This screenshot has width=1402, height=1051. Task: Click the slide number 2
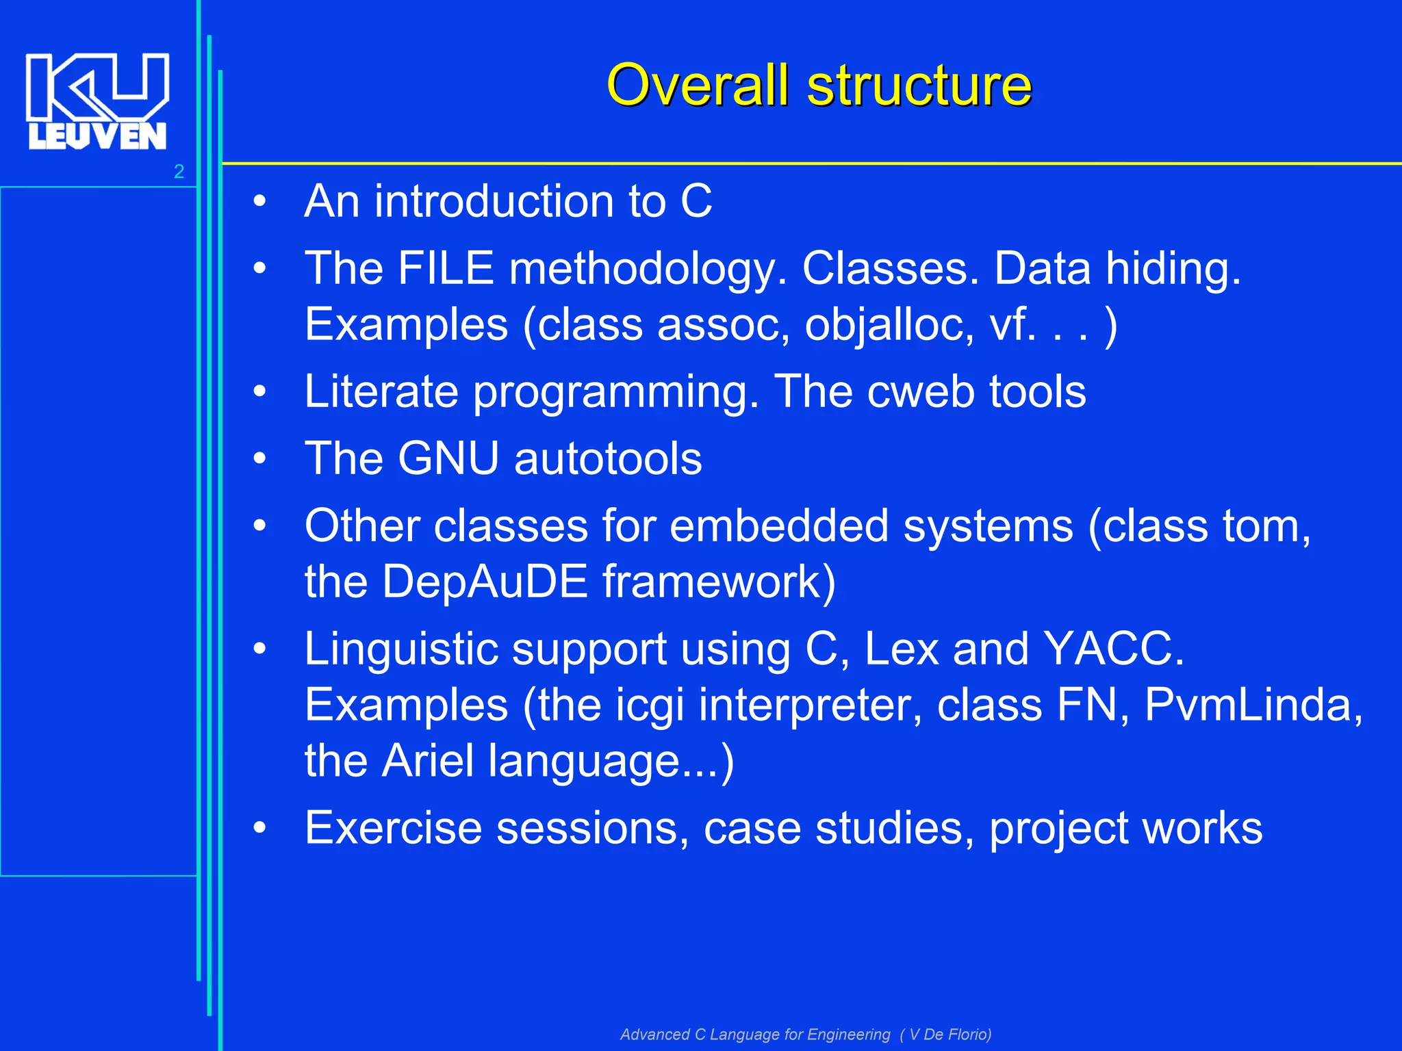coord(179,172)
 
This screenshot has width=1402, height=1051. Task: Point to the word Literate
coord(381,391)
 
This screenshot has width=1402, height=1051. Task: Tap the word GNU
coord(448,458)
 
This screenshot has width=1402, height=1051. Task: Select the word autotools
coord(608,458)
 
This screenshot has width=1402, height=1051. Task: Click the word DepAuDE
coord(484,582)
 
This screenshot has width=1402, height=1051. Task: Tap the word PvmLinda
coord(1253,704)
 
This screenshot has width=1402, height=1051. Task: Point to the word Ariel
coord(427,760)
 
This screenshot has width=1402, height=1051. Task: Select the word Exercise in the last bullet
coord(393,827)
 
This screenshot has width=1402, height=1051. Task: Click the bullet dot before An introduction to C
coord(259,202)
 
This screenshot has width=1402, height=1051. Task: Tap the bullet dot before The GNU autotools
coord(259,458)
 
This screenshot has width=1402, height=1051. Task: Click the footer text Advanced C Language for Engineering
coord(754,1034)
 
